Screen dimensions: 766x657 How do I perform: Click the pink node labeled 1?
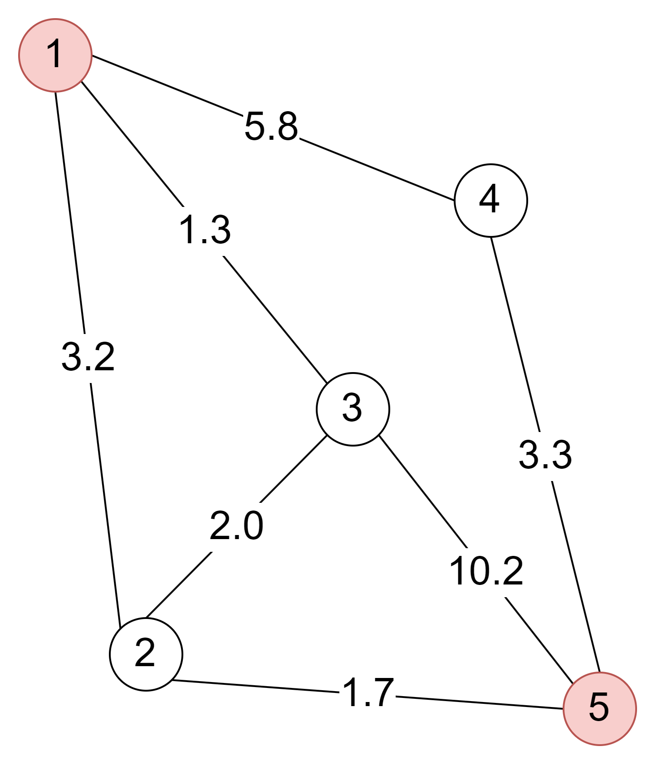[55, 55]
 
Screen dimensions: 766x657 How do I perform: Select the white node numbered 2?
[146, 654]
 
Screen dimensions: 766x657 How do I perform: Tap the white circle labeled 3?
[353, 409]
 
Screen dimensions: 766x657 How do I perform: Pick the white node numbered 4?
[490, 200]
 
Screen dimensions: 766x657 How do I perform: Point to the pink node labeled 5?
[599, 708]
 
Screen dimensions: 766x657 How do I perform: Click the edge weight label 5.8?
[271, 128]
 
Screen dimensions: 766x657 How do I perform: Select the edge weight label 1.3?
[204, 231]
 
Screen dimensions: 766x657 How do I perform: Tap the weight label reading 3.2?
[88, 358]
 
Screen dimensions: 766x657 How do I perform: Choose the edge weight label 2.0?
[237, 527]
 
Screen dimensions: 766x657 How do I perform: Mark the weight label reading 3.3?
[545, 456]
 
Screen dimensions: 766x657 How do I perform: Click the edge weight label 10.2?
[485, 572]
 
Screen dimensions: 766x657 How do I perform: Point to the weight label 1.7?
[368, 694]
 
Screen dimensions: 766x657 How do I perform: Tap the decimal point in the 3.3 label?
[546, 465]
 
